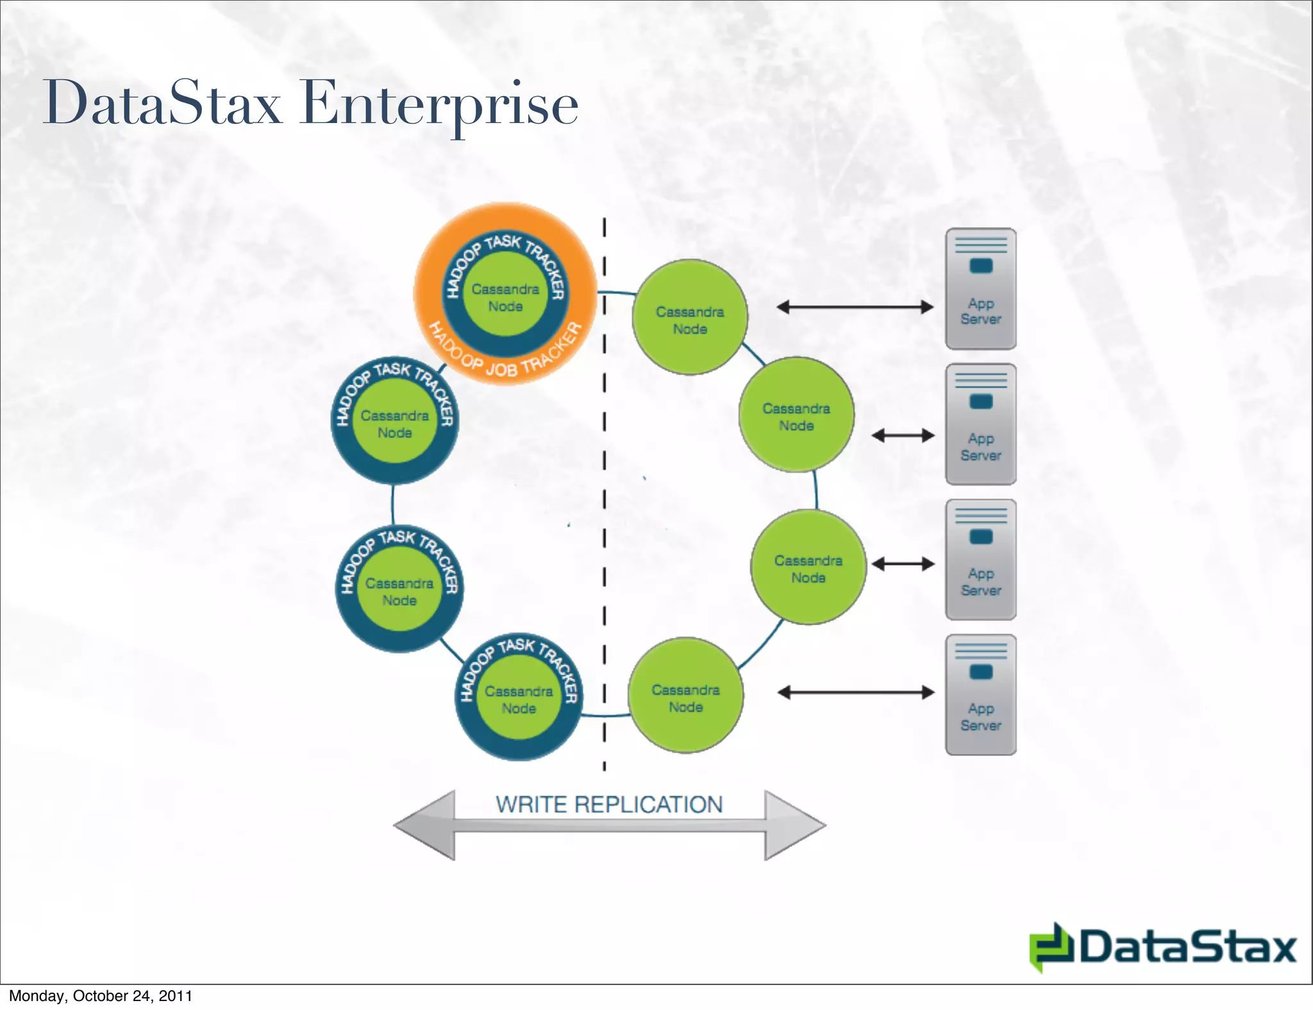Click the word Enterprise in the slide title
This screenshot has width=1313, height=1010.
439,104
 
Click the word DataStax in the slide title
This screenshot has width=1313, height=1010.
162,104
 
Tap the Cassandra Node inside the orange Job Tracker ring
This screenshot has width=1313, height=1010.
505,297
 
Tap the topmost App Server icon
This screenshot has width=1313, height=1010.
981,288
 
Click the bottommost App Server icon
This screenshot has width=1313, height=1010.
981,695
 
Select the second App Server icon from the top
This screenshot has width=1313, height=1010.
981,424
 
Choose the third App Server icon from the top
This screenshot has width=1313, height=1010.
981,559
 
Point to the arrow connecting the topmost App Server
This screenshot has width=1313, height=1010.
855,307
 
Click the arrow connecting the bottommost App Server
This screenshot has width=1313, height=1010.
856,692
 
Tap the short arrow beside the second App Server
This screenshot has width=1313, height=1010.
903,436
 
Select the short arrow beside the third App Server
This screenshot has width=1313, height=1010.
903,564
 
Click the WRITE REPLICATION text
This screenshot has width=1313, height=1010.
609,804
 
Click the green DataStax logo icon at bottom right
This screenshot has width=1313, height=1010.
1051,947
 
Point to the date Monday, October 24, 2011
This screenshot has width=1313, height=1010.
101,996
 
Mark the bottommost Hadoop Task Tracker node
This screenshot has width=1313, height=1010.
519,699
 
